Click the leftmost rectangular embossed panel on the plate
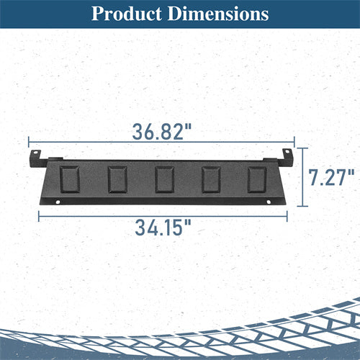pyautogui.click(x=70, y=179)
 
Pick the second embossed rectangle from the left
pyautogui.click(x=117, y=179)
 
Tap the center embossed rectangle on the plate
pyautogui.click(x=164, y=179)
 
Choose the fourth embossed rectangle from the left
pyautogui.click(x=211, y=179)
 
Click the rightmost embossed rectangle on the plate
pyautogui.click(x=257, y=179)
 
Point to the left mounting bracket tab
pyautogui.click(x=35, y=158)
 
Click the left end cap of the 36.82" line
pyautogui.click(x=29, y=143)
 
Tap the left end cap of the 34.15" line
pyautogui.click(x=39, y=214)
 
